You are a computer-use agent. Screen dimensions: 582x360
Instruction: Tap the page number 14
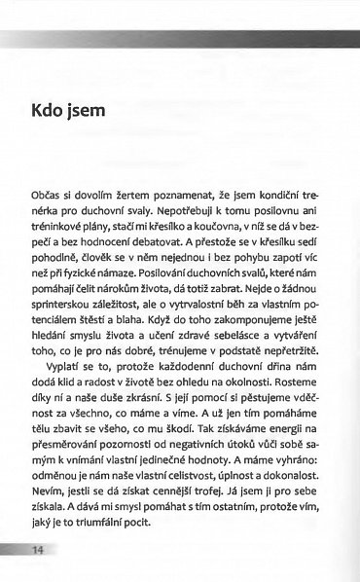(39, 551)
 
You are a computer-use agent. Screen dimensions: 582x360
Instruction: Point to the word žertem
(136, 196)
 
